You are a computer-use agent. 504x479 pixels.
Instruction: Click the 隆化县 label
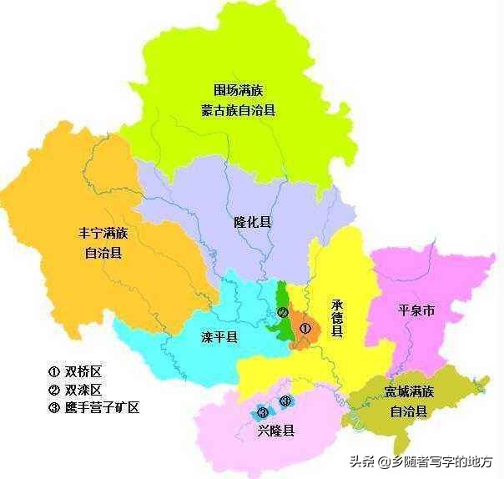(252, 223)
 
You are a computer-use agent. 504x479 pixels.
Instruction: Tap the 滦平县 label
(219, 338)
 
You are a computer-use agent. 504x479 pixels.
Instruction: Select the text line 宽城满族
(410, 392)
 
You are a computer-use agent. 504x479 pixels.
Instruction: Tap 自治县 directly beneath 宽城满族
(410, 411)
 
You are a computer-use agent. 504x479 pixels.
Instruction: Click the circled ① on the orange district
(305, 329)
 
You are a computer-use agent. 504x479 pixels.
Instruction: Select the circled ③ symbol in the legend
(53, 408)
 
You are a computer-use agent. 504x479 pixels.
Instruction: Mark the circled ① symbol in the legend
(53, 372)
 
